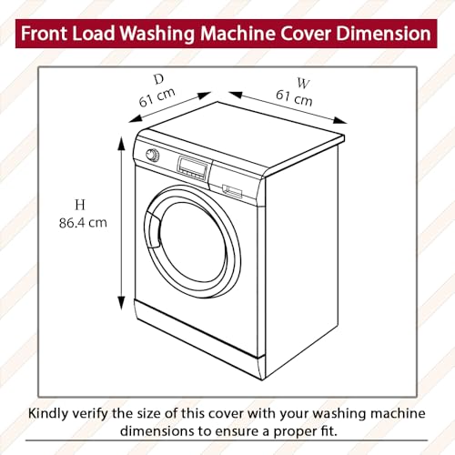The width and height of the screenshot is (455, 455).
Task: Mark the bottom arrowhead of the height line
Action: [119, 308]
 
